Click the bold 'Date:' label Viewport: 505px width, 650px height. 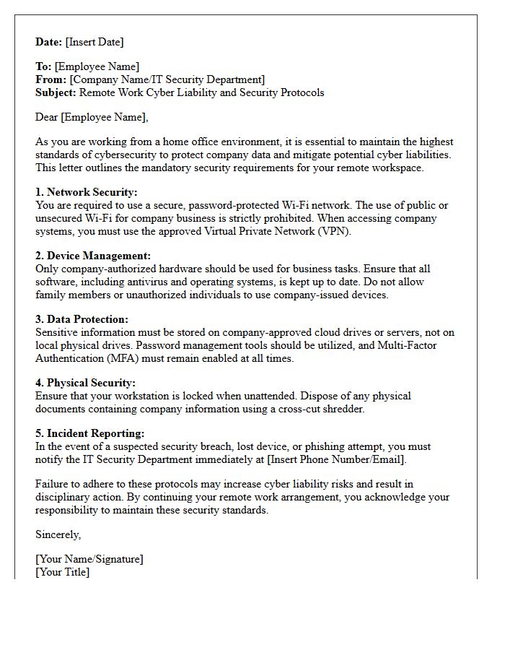click(49, 42)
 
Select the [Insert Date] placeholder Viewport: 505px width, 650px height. click(95, 42)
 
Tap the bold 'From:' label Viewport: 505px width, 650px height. click(51, 79)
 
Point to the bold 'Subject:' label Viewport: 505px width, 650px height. click(56, 92)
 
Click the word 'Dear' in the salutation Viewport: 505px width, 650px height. click(47, 117)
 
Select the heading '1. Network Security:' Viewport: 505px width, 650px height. click(86, 192)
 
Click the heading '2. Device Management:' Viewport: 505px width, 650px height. click(93, 256)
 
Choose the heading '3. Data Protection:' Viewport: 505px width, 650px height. click(82, 319)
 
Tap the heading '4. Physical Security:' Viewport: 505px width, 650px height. click(85, 383)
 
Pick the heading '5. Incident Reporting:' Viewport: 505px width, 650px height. click(90, 433)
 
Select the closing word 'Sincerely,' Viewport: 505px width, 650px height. click(58, 534)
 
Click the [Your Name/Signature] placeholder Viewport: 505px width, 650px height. click(89, 559)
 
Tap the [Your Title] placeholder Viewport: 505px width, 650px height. click(62, 572)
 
